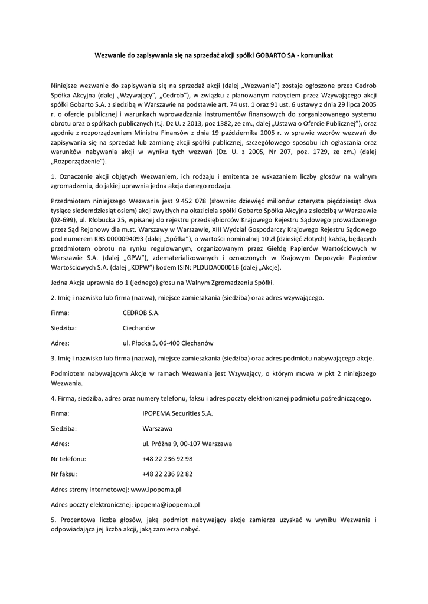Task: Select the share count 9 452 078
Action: pos(188,201)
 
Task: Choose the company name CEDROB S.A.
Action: pos(141,313)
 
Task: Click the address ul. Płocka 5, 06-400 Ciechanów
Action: pos(168,343)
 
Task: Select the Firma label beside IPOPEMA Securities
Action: pos(60,413)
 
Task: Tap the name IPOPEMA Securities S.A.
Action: pos(177,413)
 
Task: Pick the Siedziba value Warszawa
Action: pos(157,429)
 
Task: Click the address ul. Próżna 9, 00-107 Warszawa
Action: pos(187,444)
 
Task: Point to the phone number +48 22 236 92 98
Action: pos(168,458)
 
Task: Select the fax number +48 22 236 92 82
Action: pos(168,474)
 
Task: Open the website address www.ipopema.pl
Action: pos(155,489)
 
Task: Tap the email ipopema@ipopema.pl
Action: pos(167,504)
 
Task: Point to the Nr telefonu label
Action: pos(68,458)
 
